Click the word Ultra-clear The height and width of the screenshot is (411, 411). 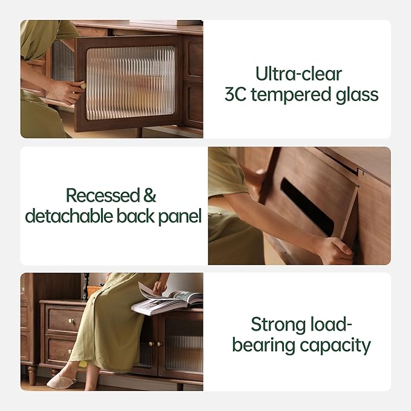click(x=298, y=74)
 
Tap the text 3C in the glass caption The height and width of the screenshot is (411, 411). click(x=235, y=94)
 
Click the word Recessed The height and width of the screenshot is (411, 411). click(x=102, y=196)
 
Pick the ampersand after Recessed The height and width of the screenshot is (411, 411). click(x=150, y=196)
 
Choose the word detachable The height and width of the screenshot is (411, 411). click(x=68, y=216)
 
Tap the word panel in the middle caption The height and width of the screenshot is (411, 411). click(x=180, y=217)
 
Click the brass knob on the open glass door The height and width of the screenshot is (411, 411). click(x=83, y=85)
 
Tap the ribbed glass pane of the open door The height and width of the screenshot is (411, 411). click(x=130, y=83)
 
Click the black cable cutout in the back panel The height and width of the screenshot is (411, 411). click(x=307, y=206)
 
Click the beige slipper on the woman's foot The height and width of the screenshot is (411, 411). click(x=61, y=380)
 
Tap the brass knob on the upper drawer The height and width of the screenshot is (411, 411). click(x=70, y=321)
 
